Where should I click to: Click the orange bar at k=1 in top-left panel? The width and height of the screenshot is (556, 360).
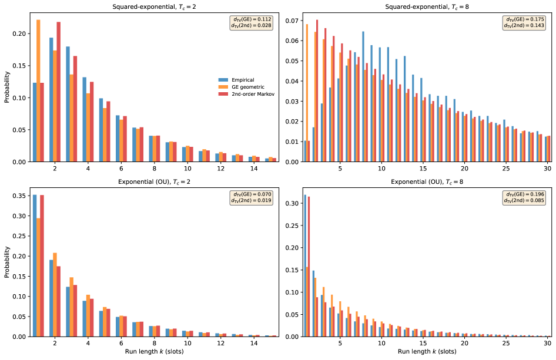click(x=38, y=90)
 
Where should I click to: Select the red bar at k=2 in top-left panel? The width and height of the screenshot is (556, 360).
click(x=59, y=92)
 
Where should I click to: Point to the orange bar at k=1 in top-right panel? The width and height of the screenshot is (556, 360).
click(x=306, y=93)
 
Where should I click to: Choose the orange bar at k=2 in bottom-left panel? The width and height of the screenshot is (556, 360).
click(x=55, y=294)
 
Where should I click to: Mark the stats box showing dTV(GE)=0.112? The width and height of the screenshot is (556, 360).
click(x=250, y=22)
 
